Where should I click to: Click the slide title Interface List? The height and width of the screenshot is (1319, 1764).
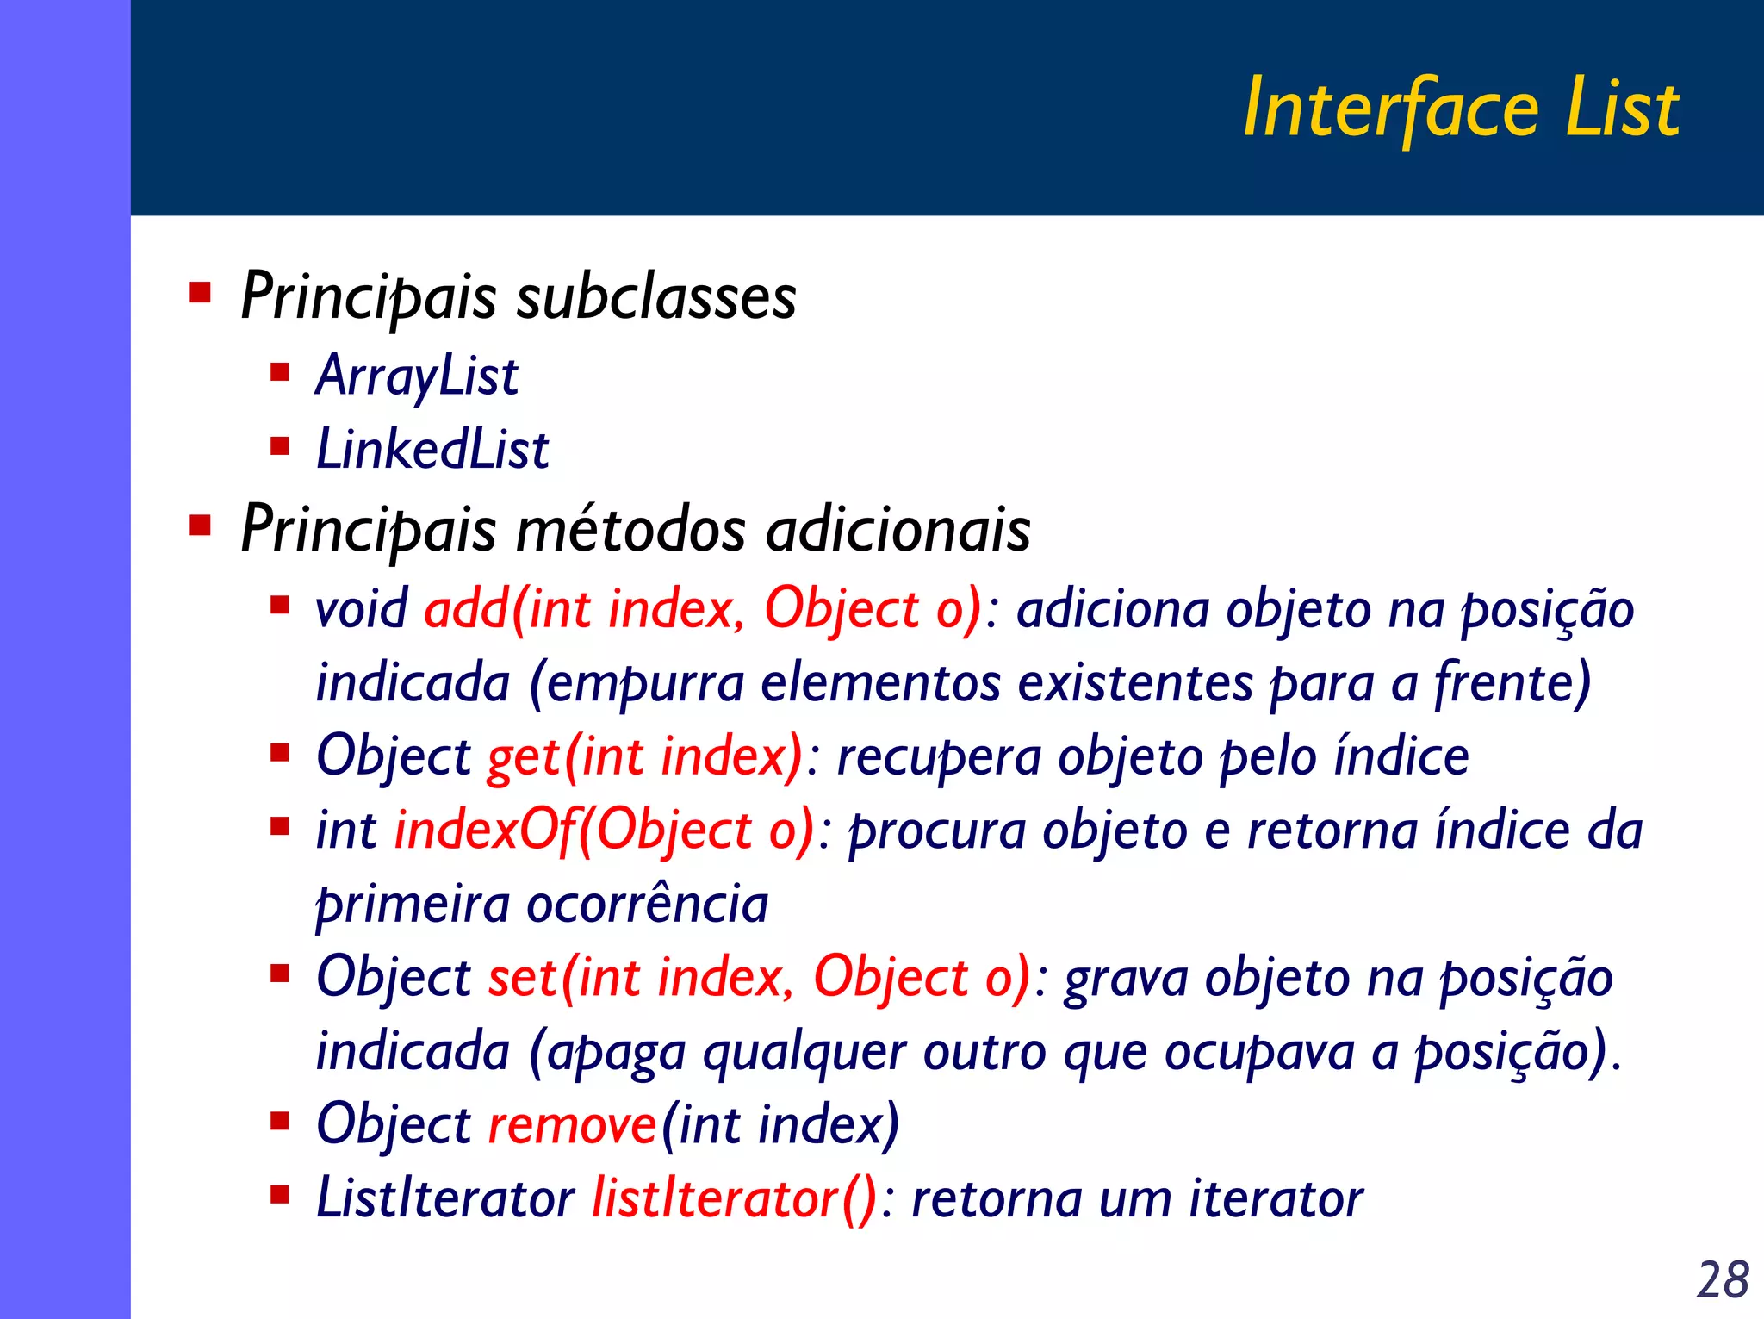[x=1461, y=109]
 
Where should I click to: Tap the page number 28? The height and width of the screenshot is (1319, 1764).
[x=1722, y=1279]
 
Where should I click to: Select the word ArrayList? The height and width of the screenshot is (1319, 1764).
[x=417, y=376]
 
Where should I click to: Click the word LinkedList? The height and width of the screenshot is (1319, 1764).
[x=432, y=450]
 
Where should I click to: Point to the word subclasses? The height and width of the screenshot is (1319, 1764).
[x=656, y=297]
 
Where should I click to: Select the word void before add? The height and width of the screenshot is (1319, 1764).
[x=361, y=609]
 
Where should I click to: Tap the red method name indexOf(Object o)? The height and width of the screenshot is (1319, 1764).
[x=604, y=831]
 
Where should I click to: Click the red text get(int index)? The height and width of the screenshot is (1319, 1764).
[x=645, y=757]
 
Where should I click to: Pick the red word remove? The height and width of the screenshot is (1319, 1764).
[x=573, y=1125]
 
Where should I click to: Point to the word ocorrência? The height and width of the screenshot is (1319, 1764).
[x=647, y=905]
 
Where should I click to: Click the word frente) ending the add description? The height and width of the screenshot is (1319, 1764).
[x=1512, y=683]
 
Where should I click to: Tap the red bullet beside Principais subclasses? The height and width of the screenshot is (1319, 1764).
[x=200, y=293]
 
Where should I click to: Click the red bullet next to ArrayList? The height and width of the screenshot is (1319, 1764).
[x=279, y=372]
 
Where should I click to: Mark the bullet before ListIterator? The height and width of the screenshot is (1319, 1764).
[x=279, y=1195]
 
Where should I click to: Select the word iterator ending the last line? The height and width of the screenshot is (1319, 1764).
[x=1276, y=1199]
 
